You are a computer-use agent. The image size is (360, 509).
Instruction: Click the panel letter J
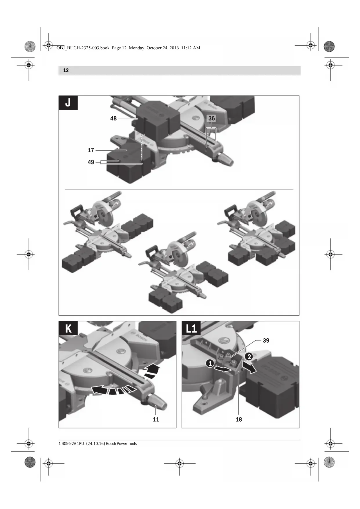pyautogui.click(x=68, y=103)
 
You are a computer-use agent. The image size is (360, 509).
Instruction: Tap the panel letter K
pyautogui.click(x=68, y=328)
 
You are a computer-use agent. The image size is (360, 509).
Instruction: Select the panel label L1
pyautogui.click(x=191, y=328)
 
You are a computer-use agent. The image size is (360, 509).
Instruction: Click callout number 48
pyautogui.click(x=113, y=118)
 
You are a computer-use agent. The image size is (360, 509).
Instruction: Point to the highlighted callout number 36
pyautogui.click(x=212, y=118)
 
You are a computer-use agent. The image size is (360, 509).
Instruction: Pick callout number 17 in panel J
pyautogui.click(x=91, y=150)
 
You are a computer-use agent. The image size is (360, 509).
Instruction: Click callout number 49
pyautogui.click(x=91, y=162)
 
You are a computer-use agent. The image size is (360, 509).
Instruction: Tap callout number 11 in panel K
pyautogui.click(x=156, y=419)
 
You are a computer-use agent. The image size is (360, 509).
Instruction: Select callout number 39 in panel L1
pyautogui.click(x=266, y=340)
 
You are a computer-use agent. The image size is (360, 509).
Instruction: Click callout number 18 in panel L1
pyautogui.click(x=239, y=419)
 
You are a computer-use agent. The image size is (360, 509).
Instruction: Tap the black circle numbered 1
pyautogui.click(x=210, y=363)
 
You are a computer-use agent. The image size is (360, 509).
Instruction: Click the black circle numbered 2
pyautogui.click(x=249, y=357)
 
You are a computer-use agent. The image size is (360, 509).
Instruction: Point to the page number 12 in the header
pyautogui.click(x=66, y=70)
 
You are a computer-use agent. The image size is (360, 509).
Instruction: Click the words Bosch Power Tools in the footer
pyautogui.click(x=121, y=443)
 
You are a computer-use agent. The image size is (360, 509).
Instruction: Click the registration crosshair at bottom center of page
pyautogui.click(x=180, y=463)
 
